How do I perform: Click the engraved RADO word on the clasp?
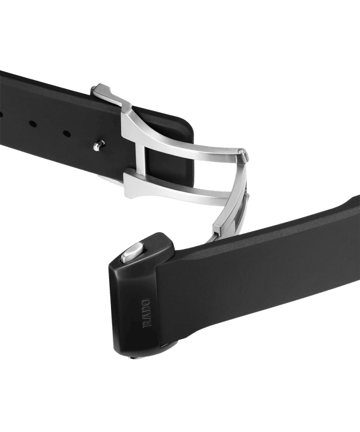click(x=146, y=313)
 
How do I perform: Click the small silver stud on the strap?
click(x=99, y=145)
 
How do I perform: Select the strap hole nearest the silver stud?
click(x=67, y=134)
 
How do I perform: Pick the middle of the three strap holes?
click(x=33, y=124)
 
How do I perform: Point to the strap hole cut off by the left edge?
click(x=1, y=113)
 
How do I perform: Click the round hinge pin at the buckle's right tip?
click(x=241, y=151)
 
